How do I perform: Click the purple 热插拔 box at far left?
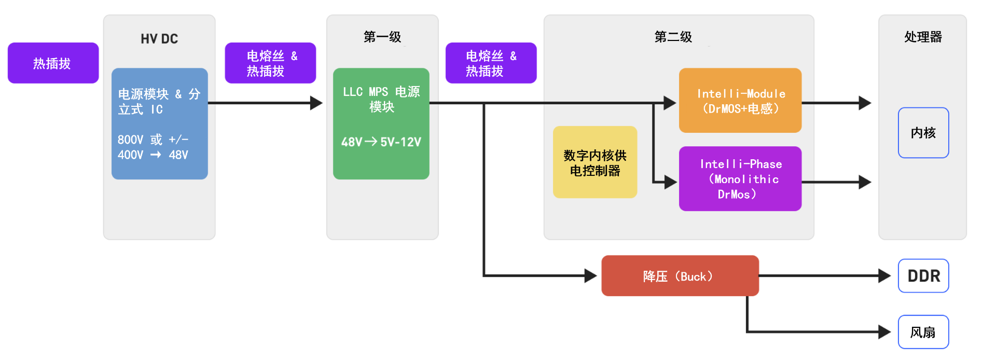point(53,63)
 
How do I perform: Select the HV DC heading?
point(159,39)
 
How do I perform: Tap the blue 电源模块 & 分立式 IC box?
point(160,123)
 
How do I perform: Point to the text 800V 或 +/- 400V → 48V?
point(153,147)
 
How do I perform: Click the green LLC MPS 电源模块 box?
point(381,123)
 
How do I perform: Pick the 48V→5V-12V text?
point(381,142)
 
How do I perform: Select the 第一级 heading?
point(382,37)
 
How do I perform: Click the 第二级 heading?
point(673,37)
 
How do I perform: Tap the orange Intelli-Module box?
point(740,100)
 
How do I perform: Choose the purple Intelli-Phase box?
point(740,178)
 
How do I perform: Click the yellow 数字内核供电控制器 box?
point(595,162)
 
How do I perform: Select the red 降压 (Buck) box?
point(680,275)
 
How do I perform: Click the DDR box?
point(923,275)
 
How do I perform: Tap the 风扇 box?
point(923,332)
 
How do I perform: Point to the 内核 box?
point(923,133)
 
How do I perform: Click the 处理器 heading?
point(923,37)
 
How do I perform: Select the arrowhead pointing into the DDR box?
point(884,275)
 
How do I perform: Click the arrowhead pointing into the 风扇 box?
point(884,332)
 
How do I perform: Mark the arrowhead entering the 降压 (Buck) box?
point(591,275)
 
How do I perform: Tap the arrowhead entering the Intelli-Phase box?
point(671,182)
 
